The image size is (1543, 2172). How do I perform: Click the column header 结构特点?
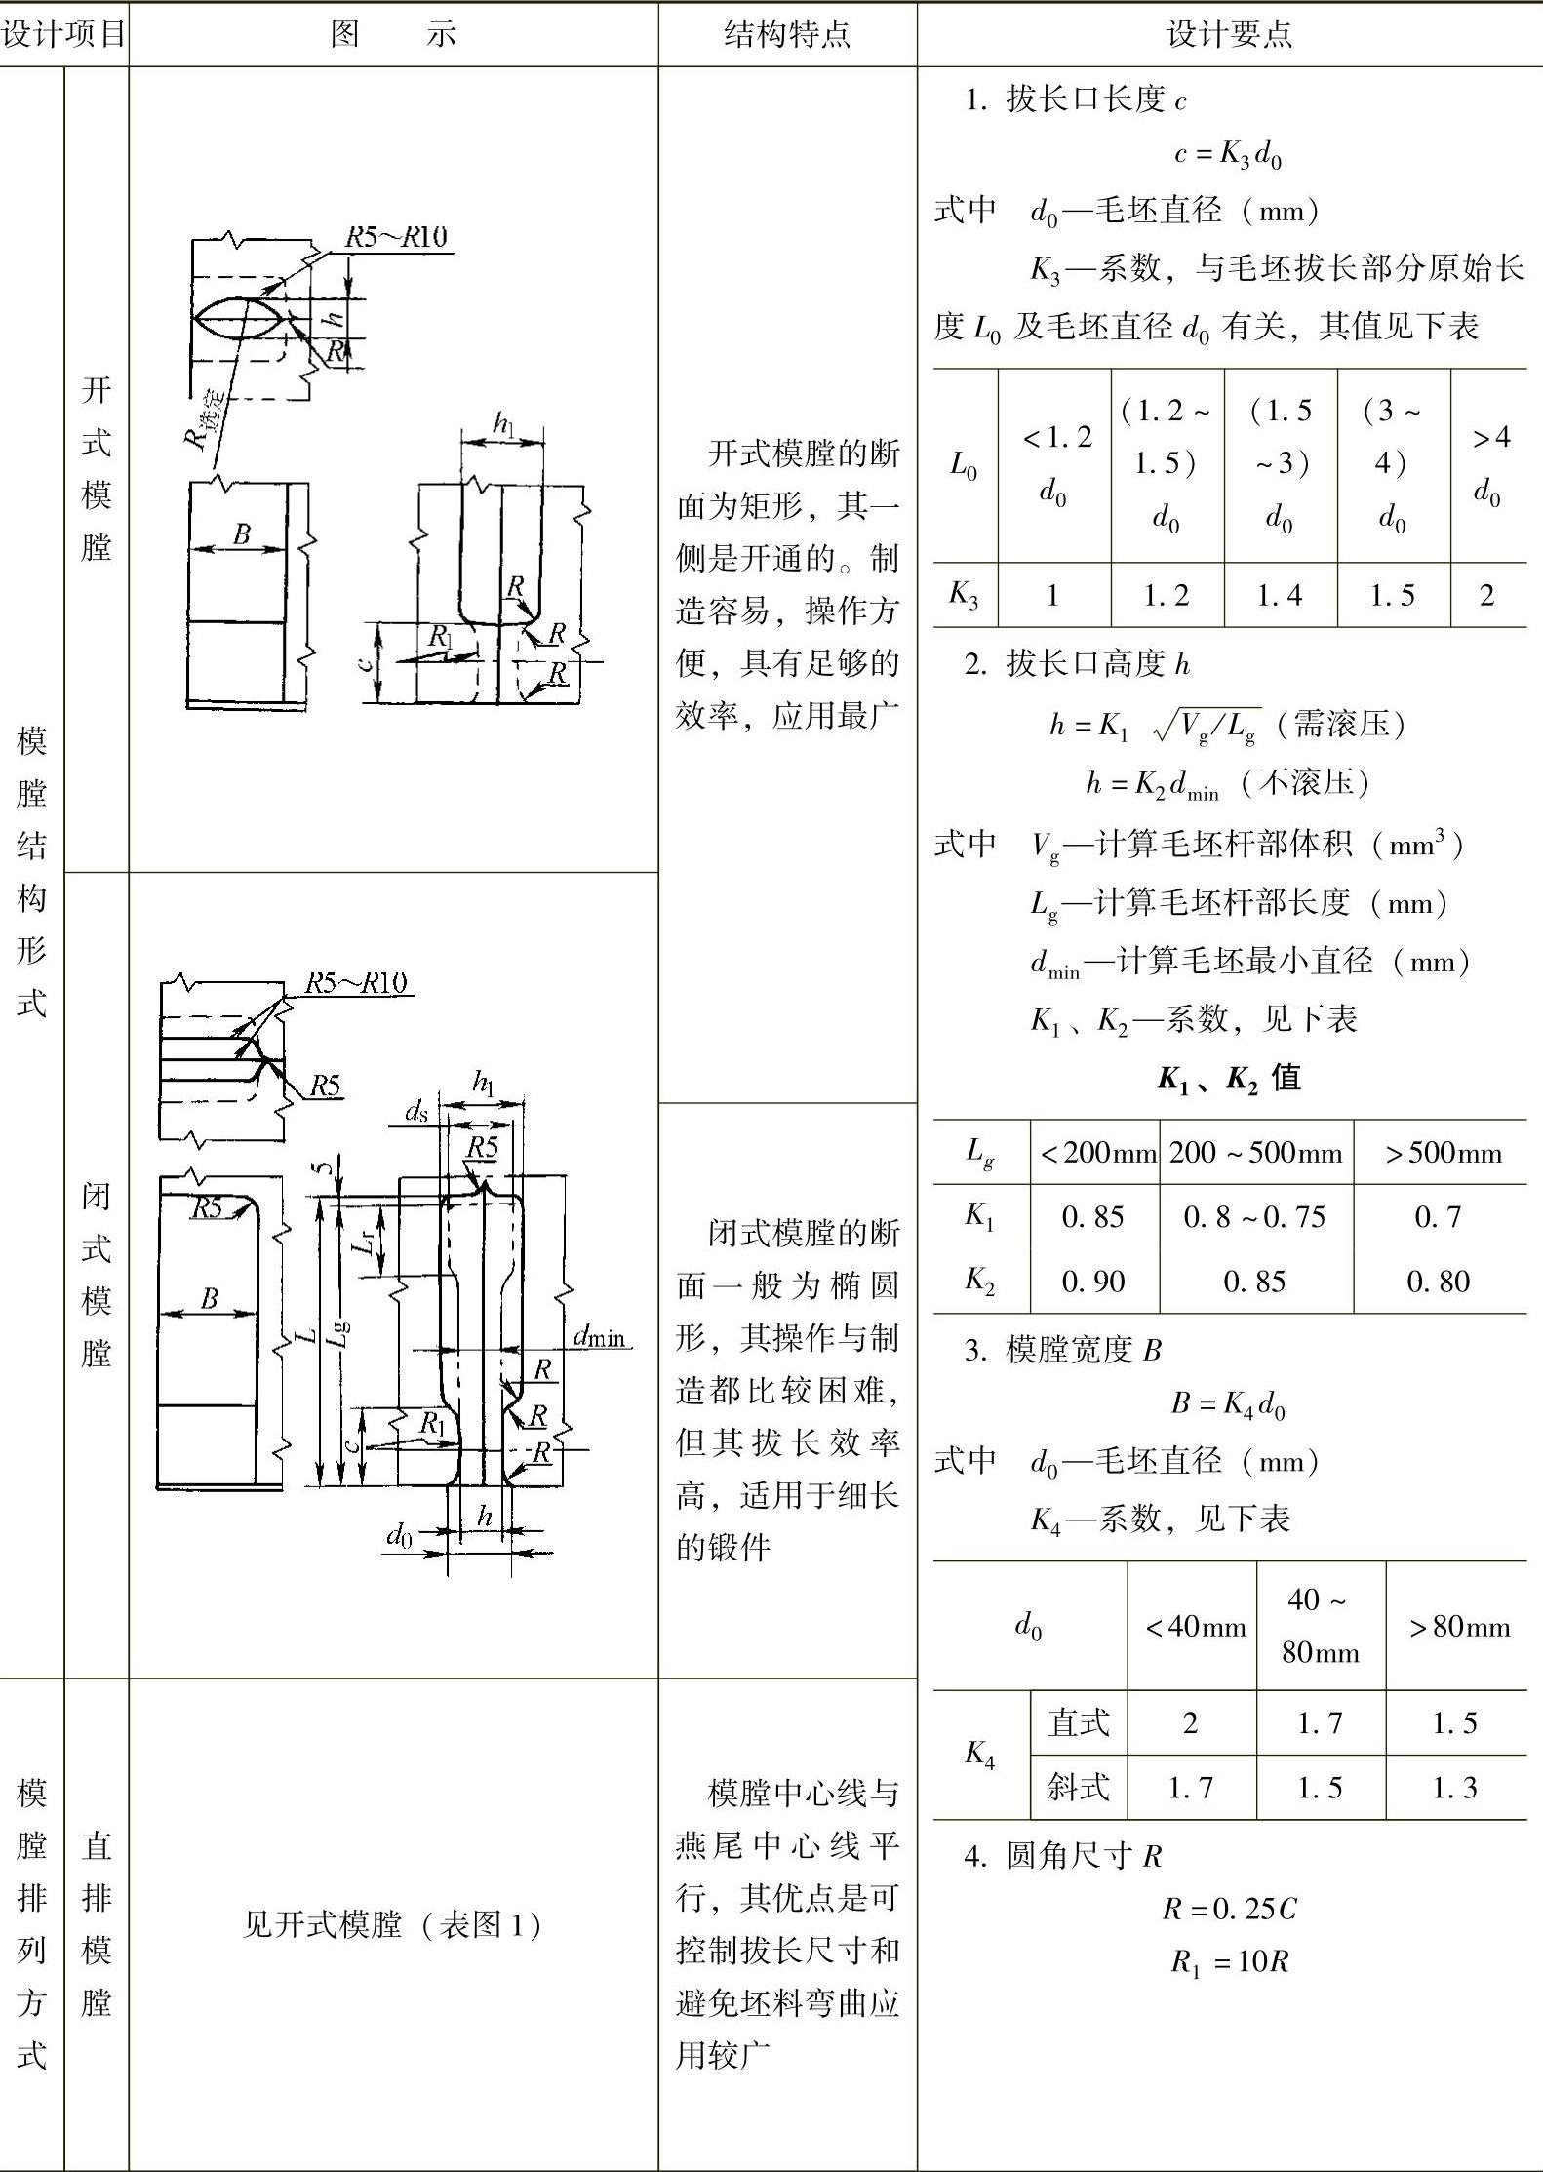pos(787,34)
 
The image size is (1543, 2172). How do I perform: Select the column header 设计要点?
pos(1229,34)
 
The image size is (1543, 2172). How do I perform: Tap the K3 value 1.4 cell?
pos(1280,595)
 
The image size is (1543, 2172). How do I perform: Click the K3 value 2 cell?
pos(1486,595)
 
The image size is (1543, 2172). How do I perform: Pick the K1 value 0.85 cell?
pos(1092,1216)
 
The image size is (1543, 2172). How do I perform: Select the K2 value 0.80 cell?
pos(1438,1281)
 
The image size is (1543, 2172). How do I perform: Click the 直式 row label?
pos(1078,1722)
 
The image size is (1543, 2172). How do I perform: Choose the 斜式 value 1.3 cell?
pos(1454,1787)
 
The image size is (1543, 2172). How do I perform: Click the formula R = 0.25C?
pos(1229,1908)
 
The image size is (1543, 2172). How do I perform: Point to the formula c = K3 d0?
pos(1227,154)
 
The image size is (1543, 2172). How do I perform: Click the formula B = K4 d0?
pos(1227,1403)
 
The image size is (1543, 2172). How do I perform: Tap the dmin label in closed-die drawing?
pos(599,1336)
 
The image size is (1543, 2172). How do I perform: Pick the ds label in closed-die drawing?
pos(416,1111)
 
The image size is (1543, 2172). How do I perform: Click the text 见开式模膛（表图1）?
pos(392,1924)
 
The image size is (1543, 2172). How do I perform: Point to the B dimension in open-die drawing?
pos(241,533)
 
